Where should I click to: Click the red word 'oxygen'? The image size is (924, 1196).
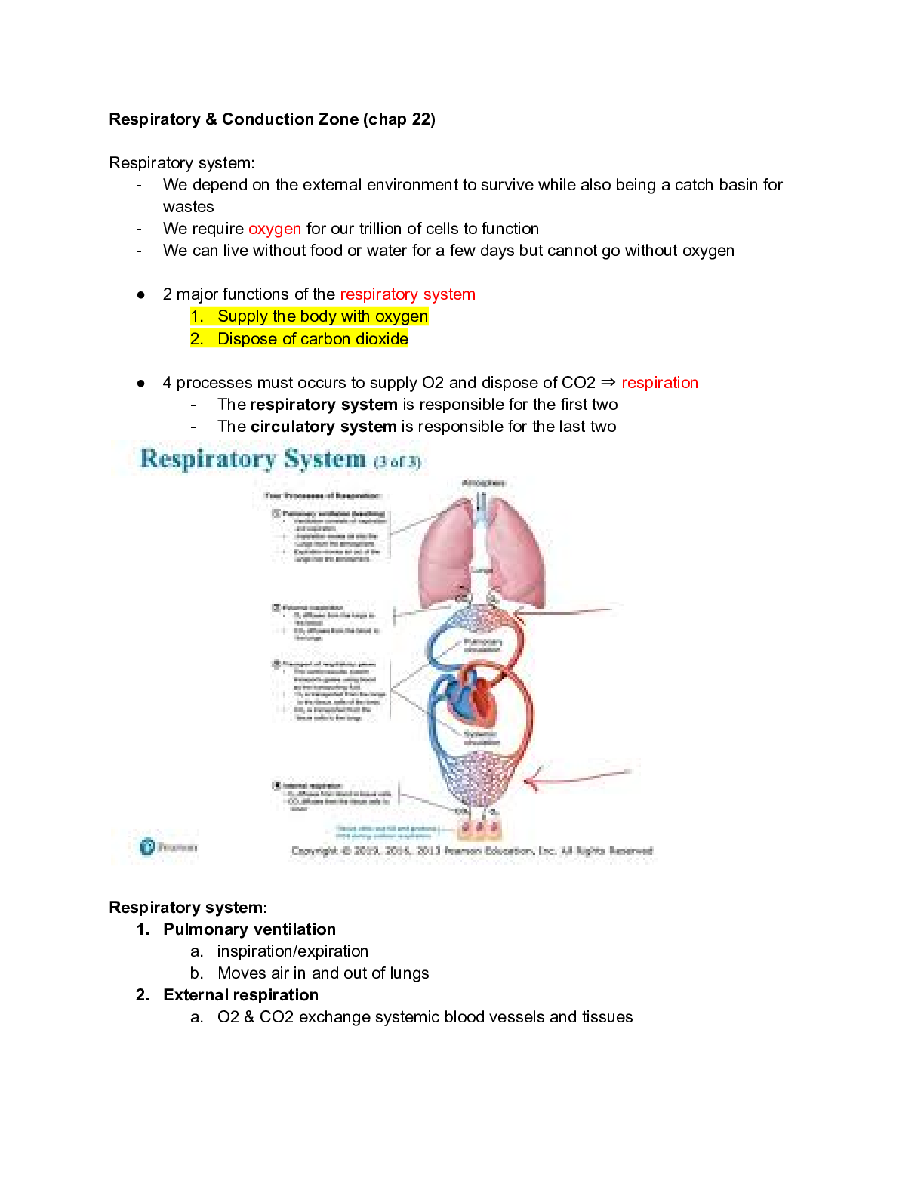pos(274,229)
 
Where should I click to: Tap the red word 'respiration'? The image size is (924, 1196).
pos(659,383)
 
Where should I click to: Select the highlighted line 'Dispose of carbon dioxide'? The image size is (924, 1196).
pos(313,339)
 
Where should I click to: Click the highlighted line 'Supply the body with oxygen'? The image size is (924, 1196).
pos(322,316)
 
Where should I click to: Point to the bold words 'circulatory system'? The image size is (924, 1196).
pos(323,427)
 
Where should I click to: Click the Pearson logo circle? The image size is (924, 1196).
pos(147,846)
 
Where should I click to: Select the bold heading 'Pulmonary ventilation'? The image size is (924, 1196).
pos(249,929)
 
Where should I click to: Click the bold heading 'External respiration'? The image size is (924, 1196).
pos(241,995)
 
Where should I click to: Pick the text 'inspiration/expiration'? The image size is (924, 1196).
pos(293,951)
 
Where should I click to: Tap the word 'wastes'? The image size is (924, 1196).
pos(189,207)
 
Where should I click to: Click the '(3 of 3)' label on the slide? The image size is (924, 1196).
pos(397,461)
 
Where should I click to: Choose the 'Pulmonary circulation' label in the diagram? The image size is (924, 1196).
pos(482,646)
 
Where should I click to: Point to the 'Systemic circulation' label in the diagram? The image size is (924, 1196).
pos(481,738)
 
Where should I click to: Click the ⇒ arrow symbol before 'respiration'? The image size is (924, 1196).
pos(608,383)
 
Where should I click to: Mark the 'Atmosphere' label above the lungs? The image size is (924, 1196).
pos(483,483)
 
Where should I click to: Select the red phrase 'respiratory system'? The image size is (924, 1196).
pos(408,294)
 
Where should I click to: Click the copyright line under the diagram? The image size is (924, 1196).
pos(472,851)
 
